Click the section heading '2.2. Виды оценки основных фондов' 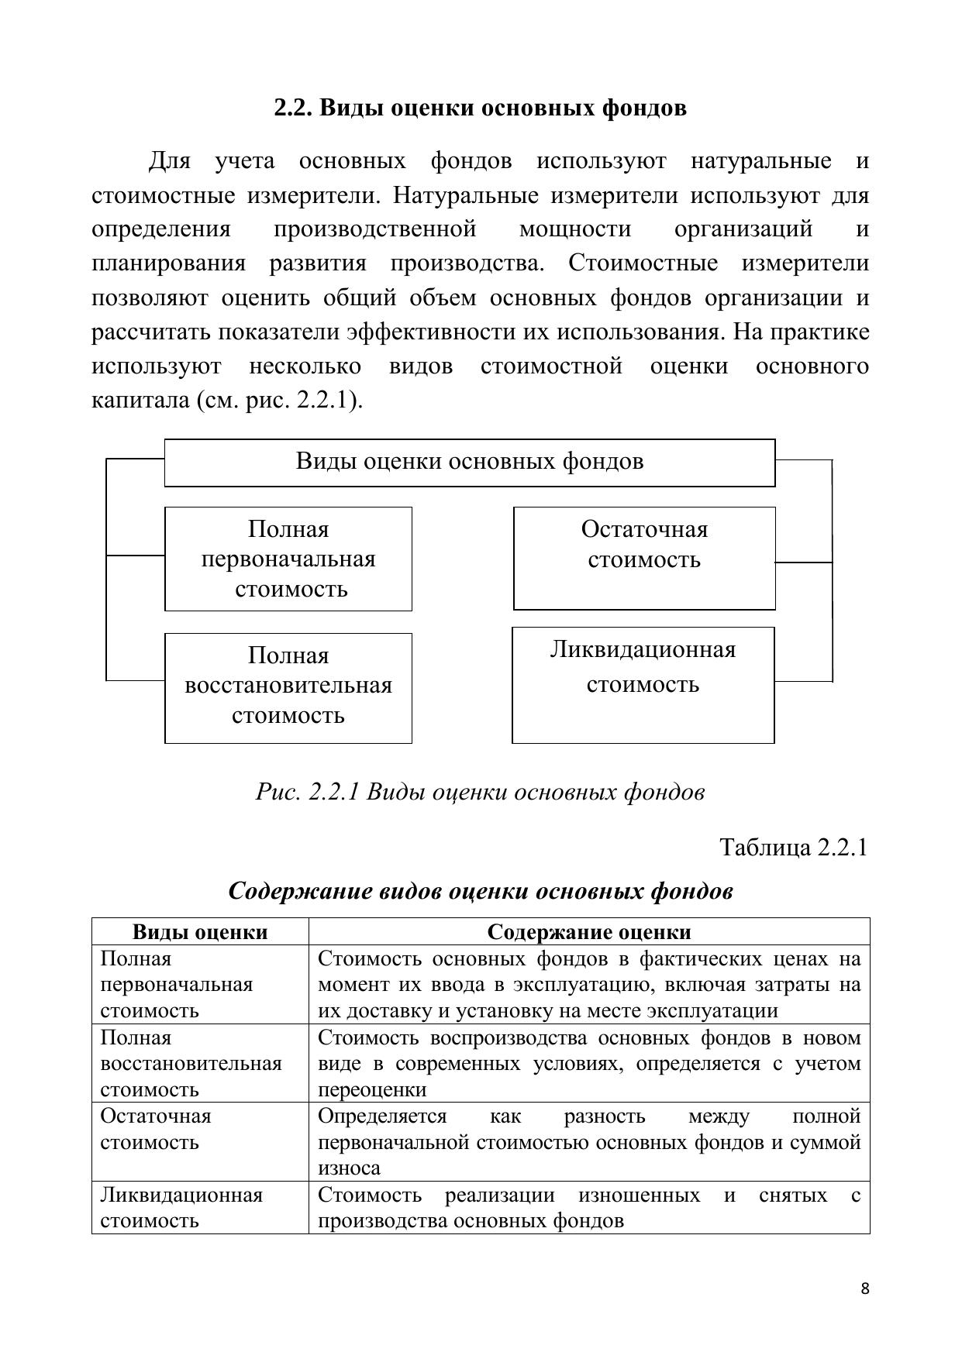pyautogui.click(x=480, y=108)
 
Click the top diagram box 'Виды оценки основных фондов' pyautogui.click(x=469, y=462)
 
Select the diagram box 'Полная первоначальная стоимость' pyautogui.click(x=288, y=559)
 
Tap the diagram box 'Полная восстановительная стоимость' pyautogui.click(x=288, y=686)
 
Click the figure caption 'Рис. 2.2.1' pyautogui.click(x=307, y=792)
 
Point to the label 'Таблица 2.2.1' pyautogui.click(x=793, y=847)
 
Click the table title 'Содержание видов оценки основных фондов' pyautogui.click(x=480, y=891)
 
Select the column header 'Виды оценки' pyautogui.click(x=200, y=931)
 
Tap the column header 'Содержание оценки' pyautogui.click(x=588, y=931)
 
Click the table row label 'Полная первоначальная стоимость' pyautogui.click(x=177, y=984)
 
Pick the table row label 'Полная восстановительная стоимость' pyautogui.click(x=191, y=1063)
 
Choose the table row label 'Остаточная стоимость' pyautogui.click(x=156, y=1129)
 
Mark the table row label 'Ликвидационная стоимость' pyautogui.click(x=181, y=1207)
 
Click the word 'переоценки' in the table pyautogui.click(x=372, y=1089)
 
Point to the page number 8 pyautogui.click(x=865, y=1288)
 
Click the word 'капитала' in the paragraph pyautogui.click(x=140, y=401)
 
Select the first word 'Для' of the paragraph pyautogui.click(x=170, y=162)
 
